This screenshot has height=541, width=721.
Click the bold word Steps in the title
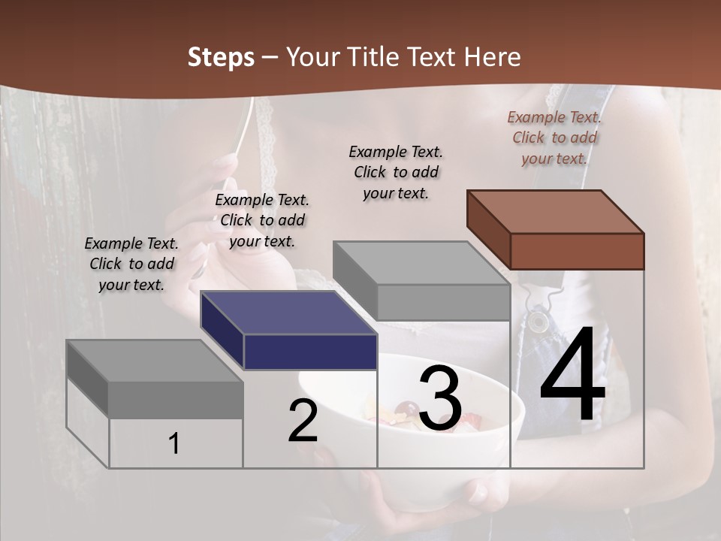(221, 57)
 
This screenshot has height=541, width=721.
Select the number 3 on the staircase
(440, 398)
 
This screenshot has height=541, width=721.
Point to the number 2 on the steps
(303, 421)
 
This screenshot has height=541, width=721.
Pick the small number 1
(173, 444)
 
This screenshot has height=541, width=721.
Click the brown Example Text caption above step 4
(554, 138)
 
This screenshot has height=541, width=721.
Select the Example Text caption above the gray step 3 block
(396, 172)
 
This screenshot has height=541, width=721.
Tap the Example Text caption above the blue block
(262, 220)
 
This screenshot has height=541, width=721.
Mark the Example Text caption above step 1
(131, 264)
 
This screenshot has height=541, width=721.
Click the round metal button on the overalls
(538, 322)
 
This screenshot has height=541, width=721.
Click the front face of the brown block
(577, 251)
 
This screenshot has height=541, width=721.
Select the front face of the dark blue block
(310, 352)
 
